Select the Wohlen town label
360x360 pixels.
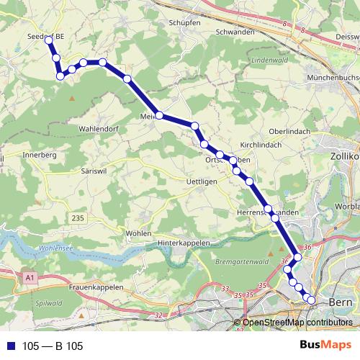point(138,233)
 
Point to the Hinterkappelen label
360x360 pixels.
point(183,243)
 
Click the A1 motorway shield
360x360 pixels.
point(29,276)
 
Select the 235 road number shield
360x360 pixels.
point(78,217)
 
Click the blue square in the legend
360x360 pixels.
point(10,346)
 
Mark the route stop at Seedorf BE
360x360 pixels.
point(49,40)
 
